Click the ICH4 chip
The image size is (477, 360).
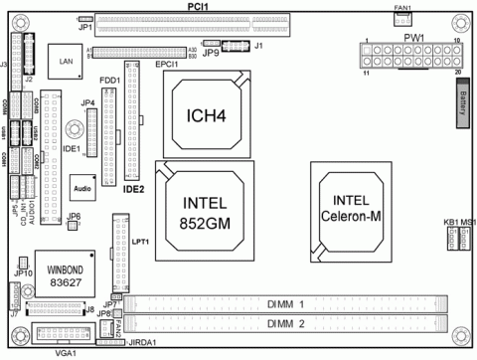click(212, 116)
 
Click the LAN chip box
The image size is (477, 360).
click(67, 62)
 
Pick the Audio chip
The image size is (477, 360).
click(82, 186)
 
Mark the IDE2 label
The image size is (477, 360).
click(134, 186)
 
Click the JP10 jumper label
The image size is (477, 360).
click(24, 263)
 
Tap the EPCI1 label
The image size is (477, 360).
click(167, 65)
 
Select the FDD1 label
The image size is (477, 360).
click(109, 79)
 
